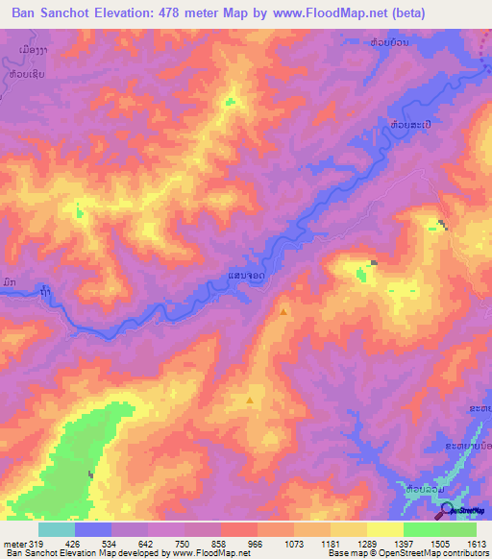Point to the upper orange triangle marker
[283, 311]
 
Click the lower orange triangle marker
[250, 400]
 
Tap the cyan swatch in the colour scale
[56, 528]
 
